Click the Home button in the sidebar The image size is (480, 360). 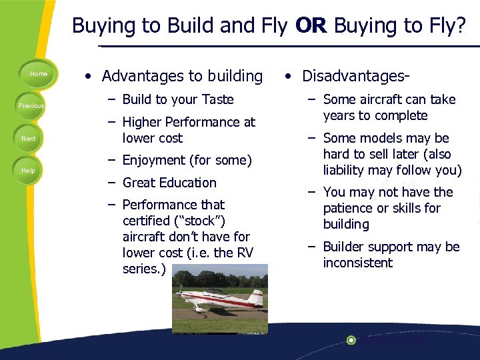click(x=38, y=74)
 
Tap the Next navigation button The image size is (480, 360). click(x=29, y=139)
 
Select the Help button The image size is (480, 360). click(x=28, y=171)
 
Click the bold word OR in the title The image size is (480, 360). click(x=311, y=25)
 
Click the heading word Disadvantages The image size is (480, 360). click(x=351, y=76)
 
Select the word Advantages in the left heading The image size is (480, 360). click(x=143, y=76)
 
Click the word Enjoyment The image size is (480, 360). click(x=155, y=160)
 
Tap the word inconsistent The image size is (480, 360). click(x=358, y=263)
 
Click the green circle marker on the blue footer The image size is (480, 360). click(x=351, y=340)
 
